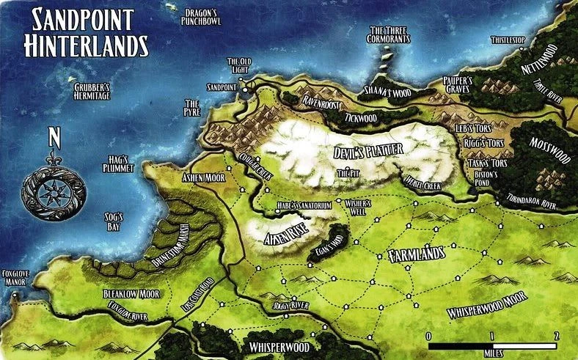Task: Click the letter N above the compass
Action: [53, 137]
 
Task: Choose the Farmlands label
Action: [415, 254]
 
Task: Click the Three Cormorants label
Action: [387, 34]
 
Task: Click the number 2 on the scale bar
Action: [557, 335]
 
